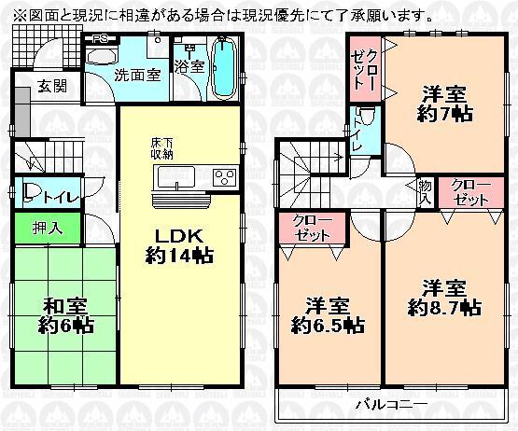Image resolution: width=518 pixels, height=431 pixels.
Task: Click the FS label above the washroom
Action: (x=99, y=40)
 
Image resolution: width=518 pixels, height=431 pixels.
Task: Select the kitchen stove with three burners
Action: (x=225, y=177)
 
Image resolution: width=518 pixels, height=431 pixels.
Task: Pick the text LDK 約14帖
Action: (x=175, y=243)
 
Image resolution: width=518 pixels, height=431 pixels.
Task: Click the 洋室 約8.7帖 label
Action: (x=444, y=297)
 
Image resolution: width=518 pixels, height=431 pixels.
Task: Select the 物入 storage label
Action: (x=426, y=191)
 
